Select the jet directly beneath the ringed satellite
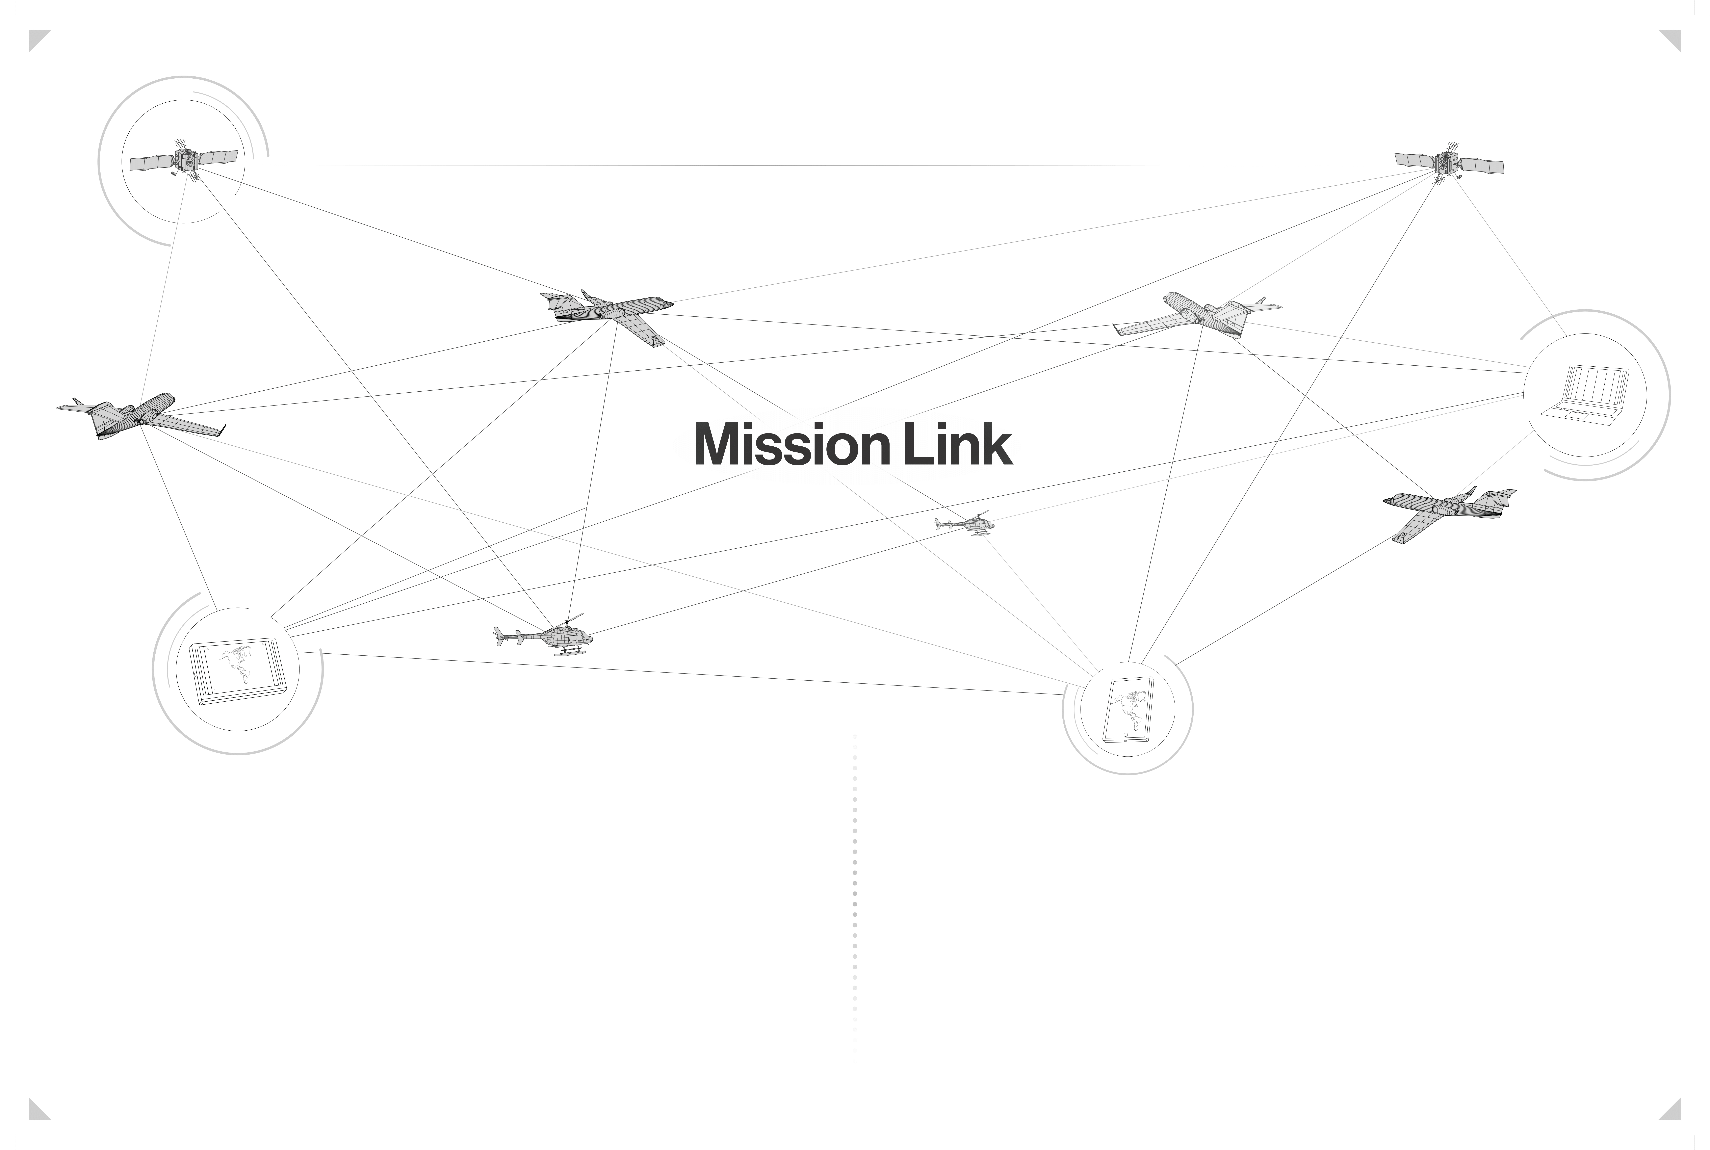[x=139, y=417]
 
